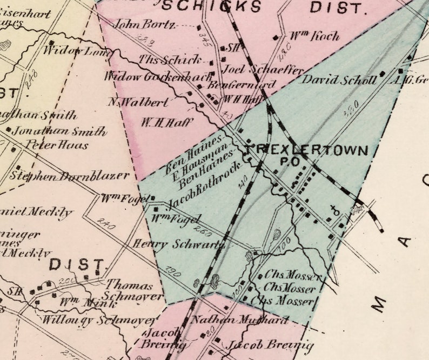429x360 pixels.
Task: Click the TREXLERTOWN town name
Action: [306, 150]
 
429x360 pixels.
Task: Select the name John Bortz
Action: [144, 24]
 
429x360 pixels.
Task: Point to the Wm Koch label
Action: [315, 36]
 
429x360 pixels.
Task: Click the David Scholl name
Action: [339, 80]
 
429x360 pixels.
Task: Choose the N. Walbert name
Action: [138, 102]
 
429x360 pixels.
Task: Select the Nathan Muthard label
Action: [240, 319]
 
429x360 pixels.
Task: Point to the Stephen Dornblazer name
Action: [70, 176]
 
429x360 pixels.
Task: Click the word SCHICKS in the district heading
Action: [212, 7]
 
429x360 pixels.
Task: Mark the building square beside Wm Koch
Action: [276, 38]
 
